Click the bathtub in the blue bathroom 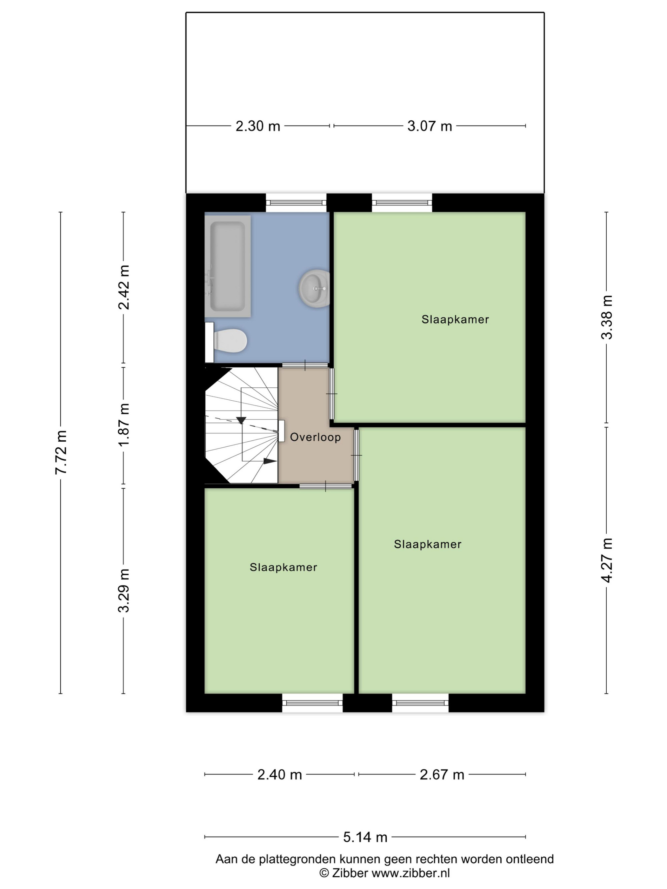[227, 266]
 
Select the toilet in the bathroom [226, 342]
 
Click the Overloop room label [315, 437]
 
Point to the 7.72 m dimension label [61, 452]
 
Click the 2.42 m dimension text [123, 287]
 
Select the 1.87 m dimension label [123, 424]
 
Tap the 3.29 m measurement [123, 590]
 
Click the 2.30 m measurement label [258, 126]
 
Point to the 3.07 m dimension [430, 126]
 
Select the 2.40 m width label [279, 774]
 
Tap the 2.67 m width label [442, 774]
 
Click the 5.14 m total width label [365, 837]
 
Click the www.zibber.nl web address [411, 873]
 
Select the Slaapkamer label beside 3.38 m [455, 320]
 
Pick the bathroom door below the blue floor [305, 365]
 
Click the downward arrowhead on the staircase [241, 420]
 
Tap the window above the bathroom [296, 203]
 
